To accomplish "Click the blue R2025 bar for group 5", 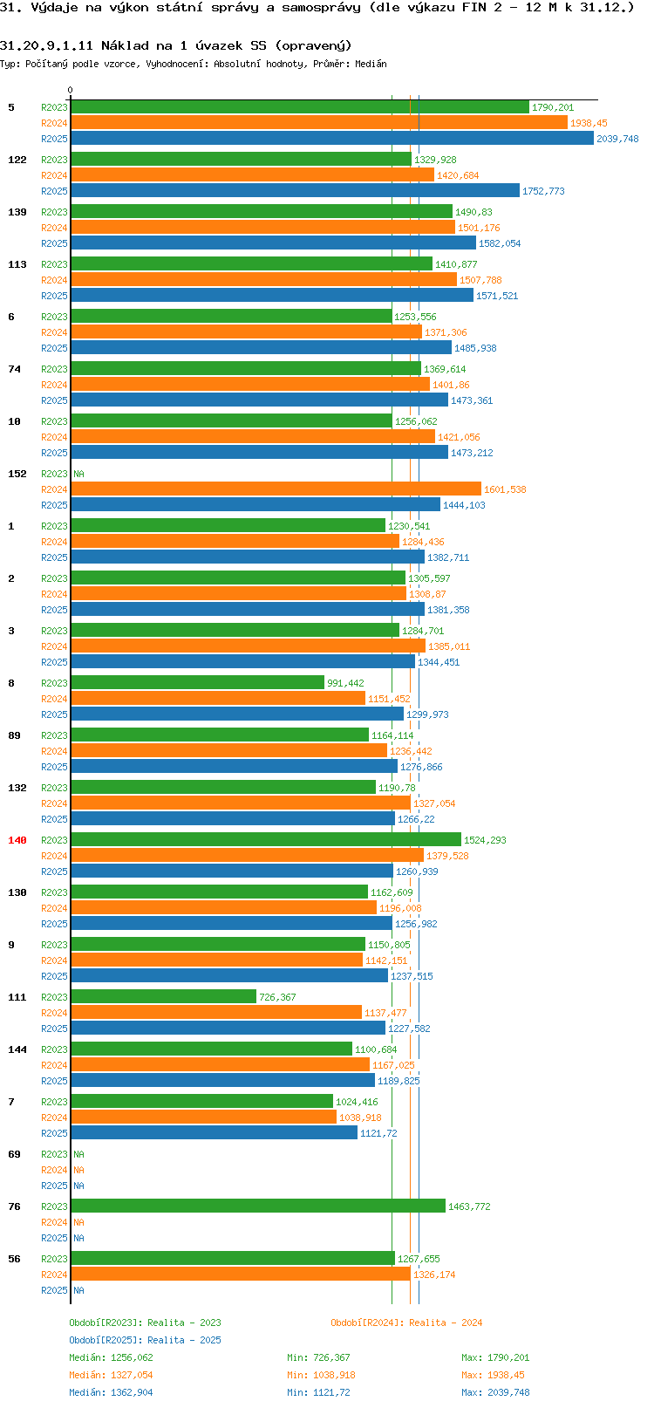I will pyautogui.click(x=331, y=139).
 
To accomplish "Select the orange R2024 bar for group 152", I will pyautogui.click(x=276, y=489).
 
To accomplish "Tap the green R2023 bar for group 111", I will pyautogui.click(x=164, y=997).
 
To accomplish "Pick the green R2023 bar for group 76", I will pyautogui.click(x=258, y=1206).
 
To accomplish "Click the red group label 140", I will pyautogui.click(x=17, y=840).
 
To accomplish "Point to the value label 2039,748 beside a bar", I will pyautogui.click(x=617, y=139).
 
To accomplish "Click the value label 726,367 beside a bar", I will pyautogui.click(x=277, y=997).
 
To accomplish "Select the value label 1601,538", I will pyautogui.click(x=505, y=489).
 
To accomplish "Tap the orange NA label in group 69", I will pyautogui.click(x=78, y=1170).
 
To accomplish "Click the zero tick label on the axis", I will pyautogui.click(x=71, y=90).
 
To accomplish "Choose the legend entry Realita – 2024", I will pyautogui.click(x=406, y=1323).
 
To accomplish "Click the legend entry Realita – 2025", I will pyautogui.click(x=145, y=1340).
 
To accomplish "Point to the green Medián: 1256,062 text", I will pyautogui.click(x=111, y=1357).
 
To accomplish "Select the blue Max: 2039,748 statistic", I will pyautogui.click(x=495, y=1392).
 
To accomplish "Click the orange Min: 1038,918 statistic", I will pyautogui.click(x=321, y=1375).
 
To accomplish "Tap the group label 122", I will pyautogui.click(x=17, y=160).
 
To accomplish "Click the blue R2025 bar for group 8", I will pyautogui.click(x=237, y=714).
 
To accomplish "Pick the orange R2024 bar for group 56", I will pyautogui.click(x=241, y=1275).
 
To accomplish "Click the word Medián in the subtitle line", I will pyautogui.click(x=371, y=64).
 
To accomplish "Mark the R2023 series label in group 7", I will pyautogui.click(x=54, y=1102).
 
